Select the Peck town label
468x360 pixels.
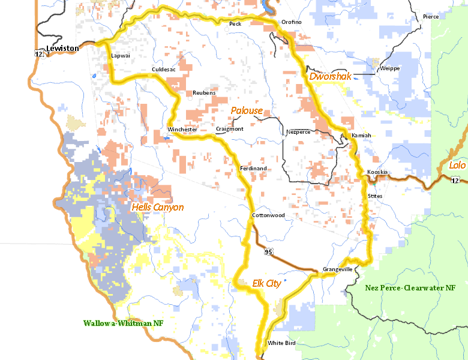(x=235, y=23)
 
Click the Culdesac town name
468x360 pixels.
(x=164, y=70)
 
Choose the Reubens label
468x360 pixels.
(x=203, y=93)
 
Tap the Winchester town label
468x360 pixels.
(x=182, y=130)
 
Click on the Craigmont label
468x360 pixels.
(x=229, y=130)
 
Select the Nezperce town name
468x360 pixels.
(x=298, y=131)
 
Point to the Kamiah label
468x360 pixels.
(x=361, y=135)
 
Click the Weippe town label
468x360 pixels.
(x=389, y=68)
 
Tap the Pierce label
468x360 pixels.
(x=431, y=17)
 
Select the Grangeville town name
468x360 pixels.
(x=337, y=269)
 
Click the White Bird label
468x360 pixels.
(x=281, y=343)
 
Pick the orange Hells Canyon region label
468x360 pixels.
(x=157, y=208)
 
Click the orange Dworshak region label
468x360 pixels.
(x=329, y=77)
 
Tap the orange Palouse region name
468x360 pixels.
(x=247, y=110)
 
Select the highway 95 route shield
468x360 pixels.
(x=268, y=251)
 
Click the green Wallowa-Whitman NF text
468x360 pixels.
(x=124, y=323)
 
